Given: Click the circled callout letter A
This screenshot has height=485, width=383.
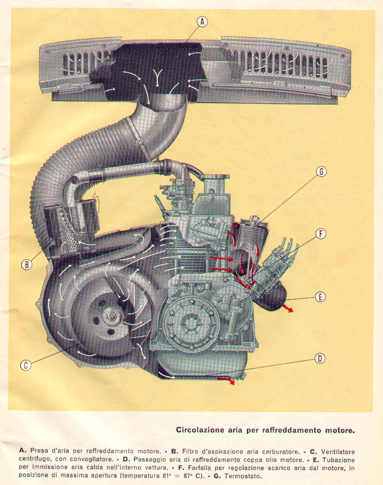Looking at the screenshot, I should coord(203,21).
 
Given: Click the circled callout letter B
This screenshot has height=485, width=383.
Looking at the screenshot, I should coord(27,264).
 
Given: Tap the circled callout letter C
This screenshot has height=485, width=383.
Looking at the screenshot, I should coord(26,365).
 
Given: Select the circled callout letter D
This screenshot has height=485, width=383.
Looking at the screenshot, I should coord(320,358).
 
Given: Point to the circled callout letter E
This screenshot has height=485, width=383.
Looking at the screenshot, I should coord(320,297).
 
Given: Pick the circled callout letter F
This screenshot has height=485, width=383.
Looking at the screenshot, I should coord(320,234).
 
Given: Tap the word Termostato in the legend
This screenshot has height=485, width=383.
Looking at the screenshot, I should coord(240,475).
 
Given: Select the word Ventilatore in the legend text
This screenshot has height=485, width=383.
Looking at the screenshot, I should coord(334,452).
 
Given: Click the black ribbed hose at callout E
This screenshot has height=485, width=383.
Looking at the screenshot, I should coord(273,298).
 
